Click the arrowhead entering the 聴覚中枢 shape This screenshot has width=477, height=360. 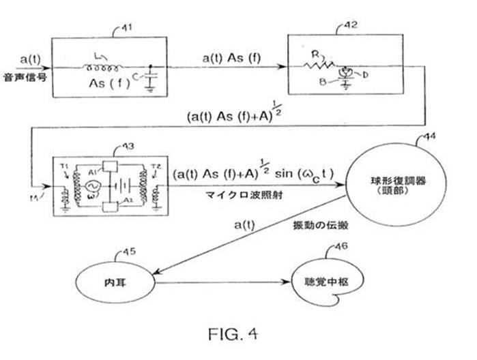point(287,281)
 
